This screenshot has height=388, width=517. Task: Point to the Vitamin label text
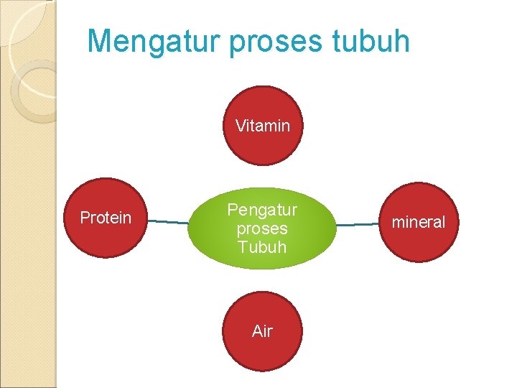263,126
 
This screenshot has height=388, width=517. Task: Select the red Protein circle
106,237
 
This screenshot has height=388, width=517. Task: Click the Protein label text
106,218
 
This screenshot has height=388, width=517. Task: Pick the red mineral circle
418,241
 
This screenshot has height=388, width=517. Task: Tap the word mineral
418,222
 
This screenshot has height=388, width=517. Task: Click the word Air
263,331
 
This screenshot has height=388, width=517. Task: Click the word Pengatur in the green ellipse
262,211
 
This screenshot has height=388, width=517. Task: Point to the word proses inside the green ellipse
262,228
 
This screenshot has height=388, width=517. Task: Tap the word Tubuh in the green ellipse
262,247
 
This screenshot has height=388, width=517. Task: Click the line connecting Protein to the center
169,222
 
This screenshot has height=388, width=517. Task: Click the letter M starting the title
99,42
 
